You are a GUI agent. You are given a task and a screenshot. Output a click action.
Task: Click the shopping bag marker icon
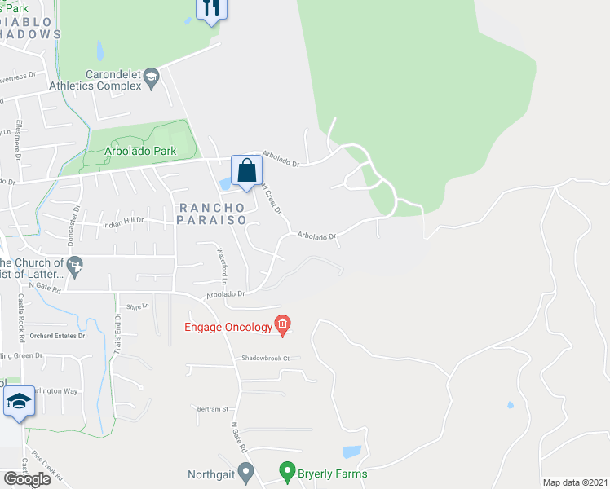click(x=246, y=170)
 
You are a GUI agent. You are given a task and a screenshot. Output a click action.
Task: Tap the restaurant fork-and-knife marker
click(x=211, y=8)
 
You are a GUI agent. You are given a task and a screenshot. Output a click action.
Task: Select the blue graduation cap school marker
click(x=19, y=401)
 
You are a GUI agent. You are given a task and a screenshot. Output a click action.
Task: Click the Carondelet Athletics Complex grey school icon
click(x=151, y=77)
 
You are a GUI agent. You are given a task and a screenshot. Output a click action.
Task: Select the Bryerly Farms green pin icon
click(x=286, y=471)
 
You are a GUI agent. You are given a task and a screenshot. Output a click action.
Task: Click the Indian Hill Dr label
click(x=123, y=221)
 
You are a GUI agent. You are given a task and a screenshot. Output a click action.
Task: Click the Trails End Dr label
click(x=119, y=331)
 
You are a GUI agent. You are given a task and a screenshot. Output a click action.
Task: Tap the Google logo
click(x=27, y=479)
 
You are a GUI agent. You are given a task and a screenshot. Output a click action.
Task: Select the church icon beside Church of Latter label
click(x=75, y=265)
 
